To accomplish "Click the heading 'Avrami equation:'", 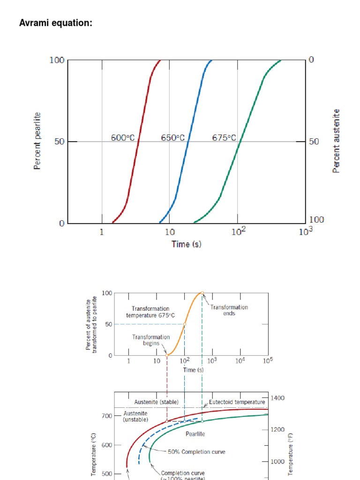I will [55, 23].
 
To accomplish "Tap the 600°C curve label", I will [123, 138].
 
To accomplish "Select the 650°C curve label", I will [173, 138].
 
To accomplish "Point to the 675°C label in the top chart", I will [225, 138].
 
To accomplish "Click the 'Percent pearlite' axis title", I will [37, 141].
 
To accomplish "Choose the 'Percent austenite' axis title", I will [336, 141].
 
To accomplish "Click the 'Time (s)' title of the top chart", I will [187, 244].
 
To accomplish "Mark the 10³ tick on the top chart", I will [305, 231].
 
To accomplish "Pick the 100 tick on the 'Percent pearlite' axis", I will [57, 60].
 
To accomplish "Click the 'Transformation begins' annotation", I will [151, 340].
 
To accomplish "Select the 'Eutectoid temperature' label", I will [237, 402].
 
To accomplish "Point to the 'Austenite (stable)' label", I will [156, 402].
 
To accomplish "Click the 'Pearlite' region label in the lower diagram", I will [195, 434].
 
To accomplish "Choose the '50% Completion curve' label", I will [196, 452].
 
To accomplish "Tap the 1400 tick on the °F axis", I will [278, 398].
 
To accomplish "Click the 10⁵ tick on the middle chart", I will [267, 360].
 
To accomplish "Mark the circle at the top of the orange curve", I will [202, 293].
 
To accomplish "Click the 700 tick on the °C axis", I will [107, 416].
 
